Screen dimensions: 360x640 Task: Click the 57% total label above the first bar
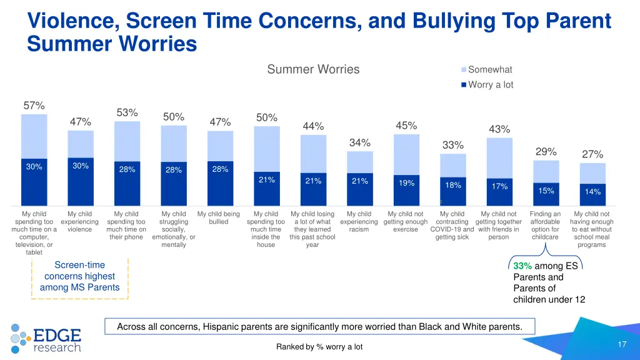34,106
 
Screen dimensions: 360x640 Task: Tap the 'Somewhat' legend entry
490,69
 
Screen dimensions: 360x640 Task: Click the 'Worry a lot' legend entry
490,84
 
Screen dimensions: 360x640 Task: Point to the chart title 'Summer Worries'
313,69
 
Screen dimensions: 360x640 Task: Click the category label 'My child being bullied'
218,217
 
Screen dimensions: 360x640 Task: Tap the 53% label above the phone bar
127,112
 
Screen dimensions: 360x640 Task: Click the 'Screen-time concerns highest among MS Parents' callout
79,276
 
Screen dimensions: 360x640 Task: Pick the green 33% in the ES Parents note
522,266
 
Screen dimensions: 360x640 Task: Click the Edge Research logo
46,337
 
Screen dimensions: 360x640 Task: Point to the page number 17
622,345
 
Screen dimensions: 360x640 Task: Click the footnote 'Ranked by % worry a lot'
319,347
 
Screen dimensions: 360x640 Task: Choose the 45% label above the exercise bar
406,126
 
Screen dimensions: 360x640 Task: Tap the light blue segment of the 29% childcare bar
546,169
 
